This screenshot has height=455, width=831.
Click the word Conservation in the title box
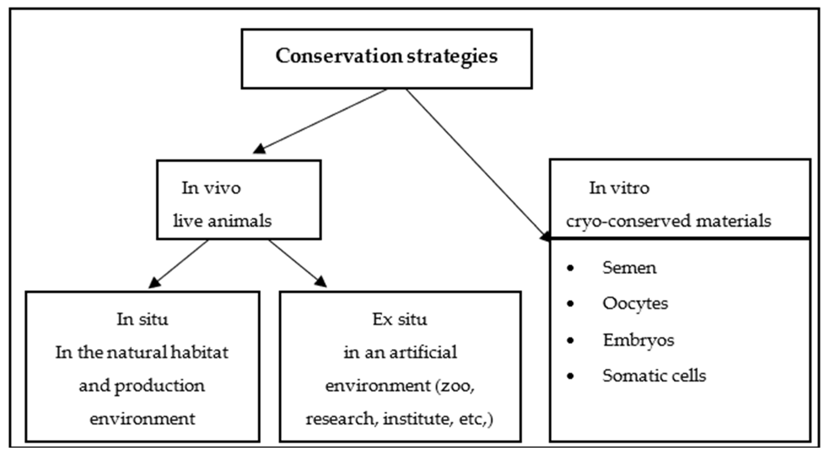(x=339, y=56)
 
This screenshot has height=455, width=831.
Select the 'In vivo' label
(x=211, y=188)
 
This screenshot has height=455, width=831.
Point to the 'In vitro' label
(x=619, y=188)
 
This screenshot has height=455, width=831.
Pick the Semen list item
(x=629, y=268)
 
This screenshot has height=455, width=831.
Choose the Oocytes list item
(x=635, y=304)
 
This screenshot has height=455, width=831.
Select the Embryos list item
(x=638, y=340)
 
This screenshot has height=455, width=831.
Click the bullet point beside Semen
(x=570, y=268)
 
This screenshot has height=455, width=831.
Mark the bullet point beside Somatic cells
(x=570, y=376)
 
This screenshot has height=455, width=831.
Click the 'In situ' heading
(x=142, y=320)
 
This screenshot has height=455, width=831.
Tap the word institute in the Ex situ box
(x=416, y=419)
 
